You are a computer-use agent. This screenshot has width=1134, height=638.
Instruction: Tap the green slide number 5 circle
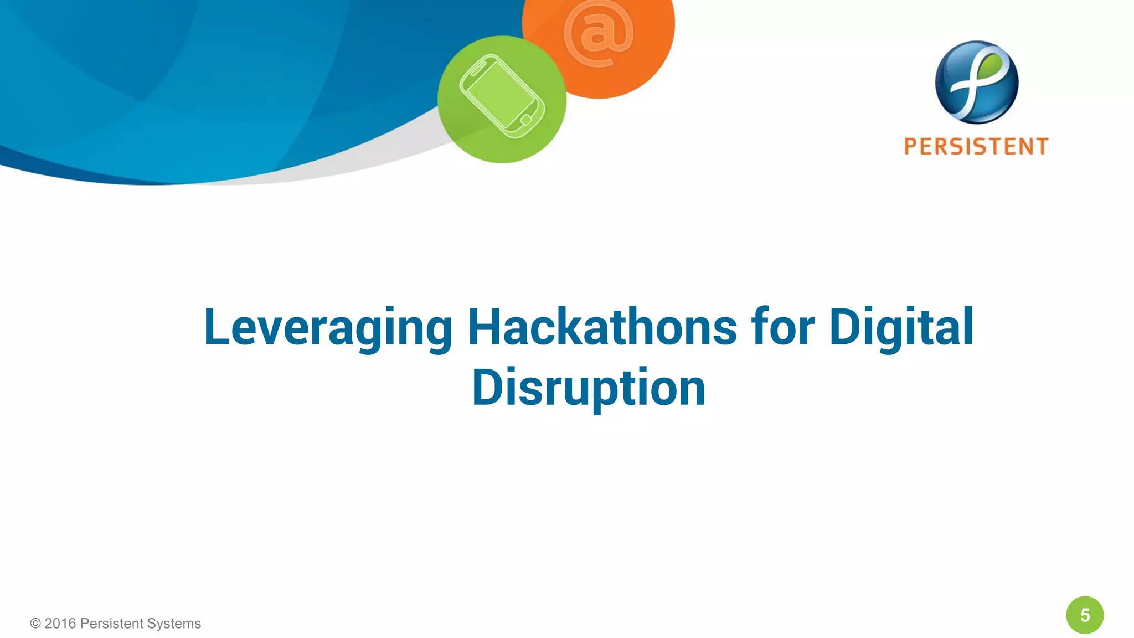[x=1085, y=615]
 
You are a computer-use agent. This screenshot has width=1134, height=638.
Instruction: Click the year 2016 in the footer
[x=60, y=624]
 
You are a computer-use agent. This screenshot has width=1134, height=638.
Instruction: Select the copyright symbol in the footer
[x=35, y=624]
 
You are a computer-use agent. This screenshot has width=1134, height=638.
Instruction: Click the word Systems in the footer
[x=174, y=624]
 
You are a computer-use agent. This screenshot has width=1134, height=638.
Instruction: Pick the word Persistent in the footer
[x=111, y=624]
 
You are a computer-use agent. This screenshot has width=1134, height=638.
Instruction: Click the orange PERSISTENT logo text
[x=976, y=147]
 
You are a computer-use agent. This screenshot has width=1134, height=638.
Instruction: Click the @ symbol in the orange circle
[x=598, y=33]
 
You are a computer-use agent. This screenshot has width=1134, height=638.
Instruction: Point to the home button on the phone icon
[x=526, y=120]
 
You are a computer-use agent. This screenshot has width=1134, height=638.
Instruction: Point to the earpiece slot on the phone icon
[x=477, y=69]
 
